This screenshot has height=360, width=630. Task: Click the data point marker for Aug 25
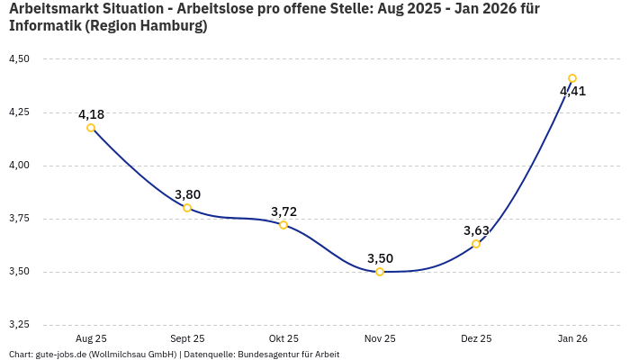click(91, 128)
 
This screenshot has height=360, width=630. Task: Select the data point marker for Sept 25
click(187, 208)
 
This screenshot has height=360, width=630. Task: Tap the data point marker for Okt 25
click(283, 225)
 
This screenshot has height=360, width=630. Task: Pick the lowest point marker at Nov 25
click(380, 272)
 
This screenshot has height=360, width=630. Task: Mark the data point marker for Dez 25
click(476, 244)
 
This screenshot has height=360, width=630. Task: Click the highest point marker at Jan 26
click(572, 78)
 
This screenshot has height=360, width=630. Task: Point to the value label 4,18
click(91, 114)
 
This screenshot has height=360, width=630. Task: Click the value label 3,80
click(187, 194)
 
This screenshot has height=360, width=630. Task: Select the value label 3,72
click(283, 211)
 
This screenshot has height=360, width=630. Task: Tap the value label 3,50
click(380, 258)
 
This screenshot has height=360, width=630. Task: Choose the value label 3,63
click(476, 230)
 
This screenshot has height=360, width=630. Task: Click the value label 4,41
click(572, 91)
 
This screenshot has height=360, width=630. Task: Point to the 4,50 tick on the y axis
click(19, 59)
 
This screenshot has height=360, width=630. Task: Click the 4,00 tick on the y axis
click(19, 166)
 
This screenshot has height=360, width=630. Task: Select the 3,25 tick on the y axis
click(19, 325)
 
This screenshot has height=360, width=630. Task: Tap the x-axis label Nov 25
click(380, 338)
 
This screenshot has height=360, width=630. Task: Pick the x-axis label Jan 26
click(572, 338)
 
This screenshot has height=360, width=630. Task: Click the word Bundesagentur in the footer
click(265, 355)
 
